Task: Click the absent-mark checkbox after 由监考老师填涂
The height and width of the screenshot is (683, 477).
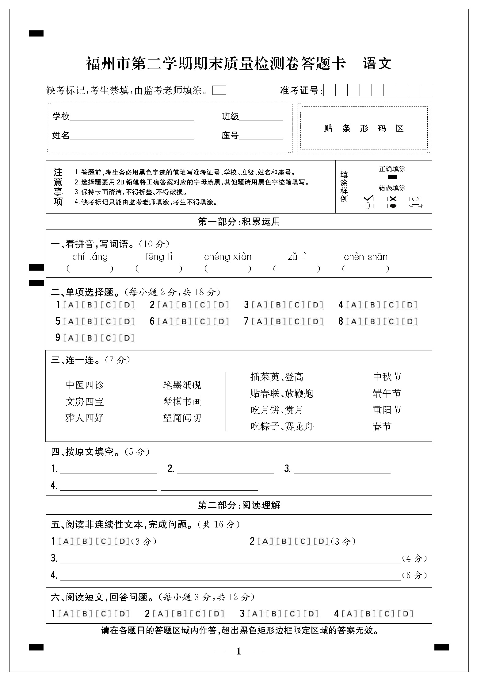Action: click(219, 90)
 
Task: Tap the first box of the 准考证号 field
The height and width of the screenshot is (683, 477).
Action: click(330, 90)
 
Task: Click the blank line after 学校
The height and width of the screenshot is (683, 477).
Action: click(132, 118)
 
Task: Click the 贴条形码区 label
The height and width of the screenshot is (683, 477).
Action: click(364, 128)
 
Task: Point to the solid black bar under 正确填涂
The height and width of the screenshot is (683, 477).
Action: click(392, 177)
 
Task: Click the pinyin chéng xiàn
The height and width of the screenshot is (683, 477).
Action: click(227, 257)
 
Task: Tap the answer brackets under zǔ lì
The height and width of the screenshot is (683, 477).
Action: click(296, 269)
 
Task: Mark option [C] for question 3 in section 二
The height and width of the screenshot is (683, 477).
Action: click(297, 305)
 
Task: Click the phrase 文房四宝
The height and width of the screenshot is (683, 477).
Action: click(85, 402)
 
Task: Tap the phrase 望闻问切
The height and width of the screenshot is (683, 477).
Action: click(182, 418)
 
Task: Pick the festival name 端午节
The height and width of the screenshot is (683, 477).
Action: click(387, 393)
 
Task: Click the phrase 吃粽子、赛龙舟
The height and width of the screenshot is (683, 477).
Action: click(282, 426)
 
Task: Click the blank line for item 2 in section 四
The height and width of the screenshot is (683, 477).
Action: click(225, 470)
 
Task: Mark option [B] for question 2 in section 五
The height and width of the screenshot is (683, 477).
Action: click(284, 542)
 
